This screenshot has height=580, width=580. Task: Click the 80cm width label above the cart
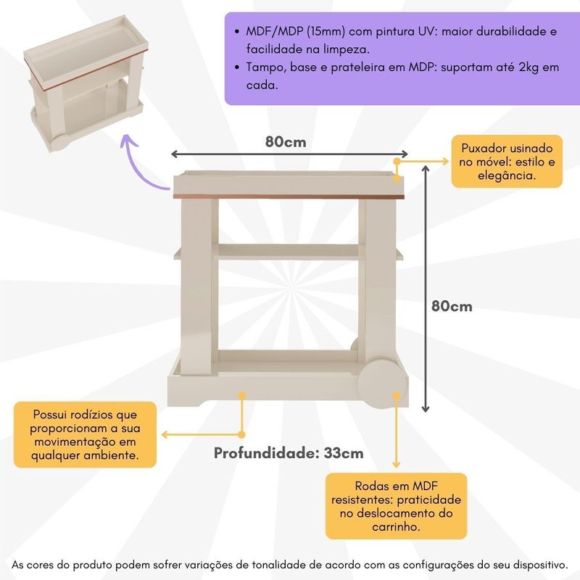(x=286, y=142)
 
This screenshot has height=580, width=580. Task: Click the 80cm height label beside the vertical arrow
(x=452, y=306)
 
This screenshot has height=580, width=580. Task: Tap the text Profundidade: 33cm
(x=289, y=453)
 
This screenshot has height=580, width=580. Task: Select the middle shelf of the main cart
(x=289, y=252)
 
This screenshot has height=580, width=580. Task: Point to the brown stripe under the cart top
(x=289, y=196)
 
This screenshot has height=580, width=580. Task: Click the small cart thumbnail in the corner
(x=86, y=83)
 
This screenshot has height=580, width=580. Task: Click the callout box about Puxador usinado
(x=507, y=161)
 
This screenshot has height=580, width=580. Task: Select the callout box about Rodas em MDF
(x=396, y=505)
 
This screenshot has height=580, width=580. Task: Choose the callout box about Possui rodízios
(x=85, y=434)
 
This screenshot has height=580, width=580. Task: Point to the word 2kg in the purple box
(x=529, y=67)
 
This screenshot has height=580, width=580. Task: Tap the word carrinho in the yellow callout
(x=396, y=526)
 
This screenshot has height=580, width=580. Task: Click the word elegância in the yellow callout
(x=507, y=175)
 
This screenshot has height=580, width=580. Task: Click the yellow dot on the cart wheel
(x=396, y=395)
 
